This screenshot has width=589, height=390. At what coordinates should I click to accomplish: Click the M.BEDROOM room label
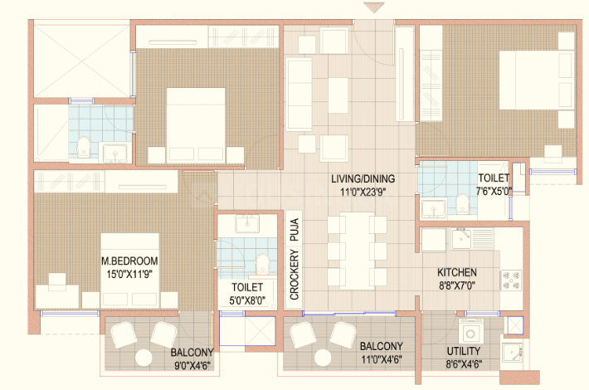(129, 261)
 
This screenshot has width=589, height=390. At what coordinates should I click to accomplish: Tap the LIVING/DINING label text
(363, 178)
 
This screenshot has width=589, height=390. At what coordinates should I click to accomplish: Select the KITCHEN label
(457, 272)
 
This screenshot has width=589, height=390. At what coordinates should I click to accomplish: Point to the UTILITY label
(464, 351)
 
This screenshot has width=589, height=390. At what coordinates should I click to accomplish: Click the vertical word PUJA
(294, 230)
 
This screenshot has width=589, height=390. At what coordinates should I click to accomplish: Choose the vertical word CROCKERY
(294, 275)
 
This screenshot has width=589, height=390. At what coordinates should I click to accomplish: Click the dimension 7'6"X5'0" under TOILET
(494, 191)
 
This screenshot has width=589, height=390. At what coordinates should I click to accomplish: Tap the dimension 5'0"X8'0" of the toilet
(247, 300)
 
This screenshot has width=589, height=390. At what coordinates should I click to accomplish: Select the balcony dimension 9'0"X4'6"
(192, 365)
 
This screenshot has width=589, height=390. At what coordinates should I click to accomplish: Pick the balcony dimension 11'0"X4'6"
(382, 359)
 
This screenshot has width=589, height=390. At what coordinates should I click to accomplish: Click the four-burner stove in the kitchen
(511, 280)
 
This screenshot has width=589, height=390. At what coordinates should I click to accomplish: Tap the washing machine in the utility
(470, 333)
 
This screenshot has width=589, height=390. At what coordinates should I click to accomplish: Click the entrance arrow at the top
(374, 7)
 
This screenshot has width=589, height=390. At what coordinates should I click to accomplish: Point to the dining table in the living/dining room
(357, 251)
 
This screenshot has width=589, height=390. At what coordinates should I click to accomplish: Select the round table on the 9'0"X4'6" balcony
(144, 358)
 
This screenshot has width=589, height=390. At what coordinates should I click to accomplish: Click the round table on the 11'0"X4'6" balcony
(323, 358)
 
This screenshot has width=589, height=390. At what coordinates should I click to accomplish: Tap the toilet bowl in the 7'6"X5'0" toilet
(462, 203)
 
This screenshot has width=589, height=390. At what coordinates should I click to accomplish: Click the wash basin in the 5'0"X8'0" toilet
(246, 224)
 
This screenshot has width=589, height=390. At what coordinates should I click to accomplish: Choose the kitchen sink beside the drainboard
(461, 239)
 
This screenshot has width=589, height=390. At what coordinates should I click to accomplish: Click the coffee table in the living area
(338, 95)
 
